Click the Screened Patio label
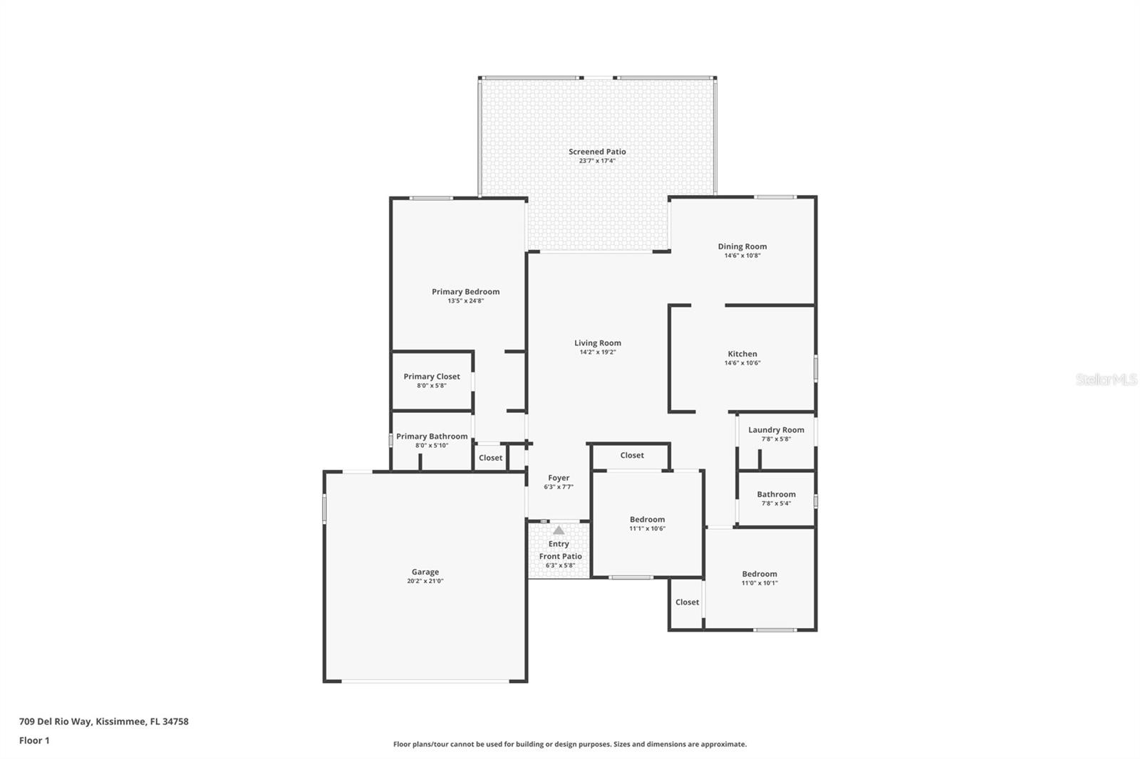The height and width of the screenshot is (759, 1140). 597,152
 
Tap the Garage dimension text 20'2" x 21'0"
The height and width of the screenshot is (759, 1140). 425,581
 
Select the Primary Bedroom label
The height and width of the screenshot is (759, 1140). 466,291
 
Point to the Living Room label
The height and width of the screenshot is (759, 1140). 598,343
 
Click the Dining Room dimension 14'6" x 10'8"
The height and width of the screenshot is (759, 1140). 742,256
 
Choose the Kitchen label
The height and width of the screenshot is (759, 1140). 742,354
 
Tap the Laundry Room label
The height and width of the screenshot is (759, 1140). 776,430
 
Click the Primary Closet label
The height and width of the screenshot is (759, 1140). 432,377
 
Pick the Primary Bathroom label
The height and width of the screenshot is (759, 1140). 432,436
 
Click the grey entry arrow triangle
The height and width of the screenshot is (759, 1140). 559,530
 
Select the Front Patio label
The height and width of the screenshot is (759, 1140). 560,557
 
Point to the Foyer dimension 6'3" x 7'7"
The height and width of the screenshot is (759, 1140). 559,487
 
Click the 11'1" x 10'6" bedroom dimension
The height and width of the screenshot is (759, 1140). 648,528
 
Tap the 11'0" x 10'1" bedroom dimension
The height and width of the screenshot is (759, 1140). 760,583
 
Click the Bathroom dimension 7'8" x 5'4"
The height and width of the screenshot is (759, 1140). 776,503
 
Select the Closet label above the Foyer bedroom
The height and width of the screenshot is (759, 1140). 632,455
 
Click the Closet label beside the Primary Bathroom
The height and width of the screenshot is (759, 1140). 491,458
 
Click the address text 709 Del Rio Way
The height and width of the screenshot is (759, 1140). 56,721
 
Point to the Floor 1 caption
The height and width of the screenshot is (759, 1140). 34,740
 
